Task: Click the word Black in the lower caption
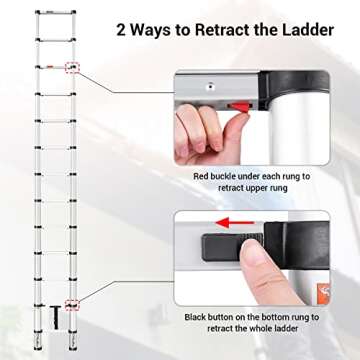click(198, 318)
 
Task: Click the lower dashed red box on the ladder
click(71, 303)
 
